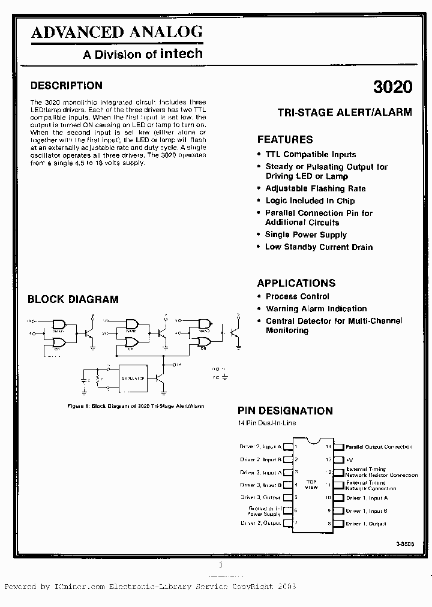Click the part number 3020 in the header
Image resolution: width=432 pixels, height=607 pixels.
pos(392,86)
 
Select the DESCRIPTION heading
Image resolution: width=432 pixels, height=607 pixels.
pos(66,85)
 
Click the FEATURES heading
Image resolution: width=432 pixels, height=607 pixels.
pos(285,139)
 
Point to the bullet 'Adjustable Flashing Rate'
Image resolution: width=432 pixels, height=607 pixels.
pos(316,188)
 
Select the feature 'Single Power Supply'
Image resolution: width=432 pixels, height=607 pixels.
pos(306,235)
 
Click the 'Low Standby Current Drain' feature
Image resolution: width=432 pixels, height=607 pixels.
pos(319,247)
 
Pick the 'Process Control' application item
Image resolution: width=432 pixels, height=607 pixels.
pos(298,296)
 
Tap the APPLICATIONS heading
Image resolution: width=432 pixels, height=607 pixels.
pos(296,283)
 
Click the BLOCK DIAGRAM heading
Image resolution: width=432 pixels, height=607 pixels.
pos(73,299)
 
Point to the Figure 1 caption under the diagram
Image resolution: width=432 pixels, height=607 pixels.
pos(136,406)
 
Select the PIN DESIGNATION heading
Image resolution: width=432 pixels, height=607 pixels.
pos(285,411)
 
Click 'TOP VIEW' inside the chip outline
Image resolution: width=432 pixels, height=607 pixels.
pos(311,485)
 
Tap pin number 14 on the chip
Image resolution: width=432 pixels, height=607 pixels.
pos(328,447)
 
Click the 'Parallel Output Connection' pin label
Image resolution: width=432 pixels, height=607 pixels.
pos(379,447)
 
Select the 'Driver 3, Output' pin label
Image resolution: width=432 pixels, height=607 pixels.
pos(260,498)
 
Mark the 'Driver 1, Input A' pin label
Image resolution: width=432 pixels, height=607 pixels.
pos(367,498)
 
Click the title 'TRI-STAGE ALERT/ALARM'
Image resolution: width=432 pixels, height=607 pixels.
pos(344,112)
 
